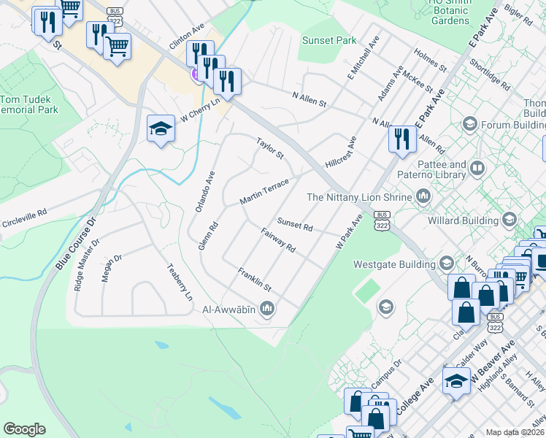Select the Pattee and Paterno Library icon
pyautogui.click(x=477, y=169)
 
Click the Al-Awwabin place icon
pyautogui.click(x=267, y=310)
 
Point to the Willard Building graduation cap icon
pyautogui.click(x=510, y=219)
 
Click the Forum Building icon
pyautogui.click(x=471, y=125)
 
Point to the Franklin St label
pyautogui.click(x=254, y=278)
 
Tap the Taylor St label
pyautogui.click(x=269, y=147)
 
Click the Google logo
pyautogui.click(x=24, y=429)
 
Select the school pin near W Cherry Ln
pyautogui.click(x=161, y=129)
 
